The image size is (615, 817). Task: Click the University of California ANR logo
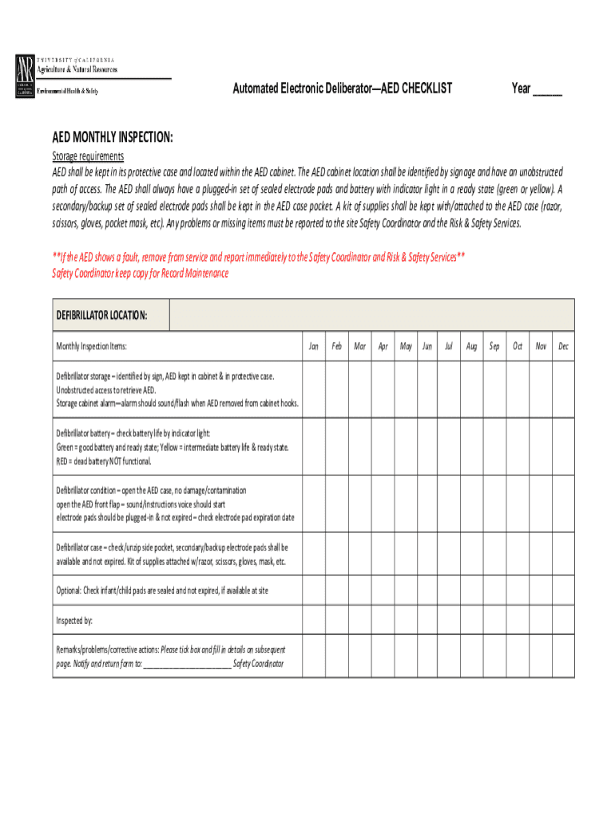25,77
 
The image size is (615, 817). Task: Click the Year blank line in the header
547,90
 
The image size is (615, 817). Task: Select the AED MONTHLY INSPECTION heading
113,138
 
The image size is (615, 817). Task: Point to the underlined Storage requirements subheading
88,156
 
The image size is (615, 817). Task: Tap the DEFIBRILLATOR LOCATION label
101,315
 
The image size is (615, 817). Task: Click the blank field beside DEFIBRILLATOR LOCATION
371,315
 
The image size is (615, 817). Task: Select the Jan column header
314,346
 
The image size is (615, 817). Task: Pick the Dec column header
563,346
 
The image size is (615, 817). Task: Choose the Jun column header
427,346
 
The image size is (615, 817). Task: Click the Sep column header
494,346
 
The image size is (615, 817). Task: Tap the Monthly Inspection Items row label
91,346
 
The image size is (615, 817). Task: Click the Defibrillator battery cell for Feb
337,447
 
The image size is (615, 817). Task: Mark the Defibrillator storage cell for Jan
314,389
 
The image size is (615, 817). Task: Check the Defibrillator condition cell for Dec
563,504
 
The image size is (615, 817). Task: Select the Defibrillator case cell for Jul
449,555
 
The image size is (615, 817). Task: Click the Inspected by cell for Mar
360,619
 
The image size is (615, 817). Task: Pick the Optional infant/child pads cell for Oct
518,590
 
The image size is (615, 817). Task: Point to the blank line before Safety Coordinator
187,664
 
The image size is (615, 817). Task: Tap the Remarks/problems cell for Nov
541,656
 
